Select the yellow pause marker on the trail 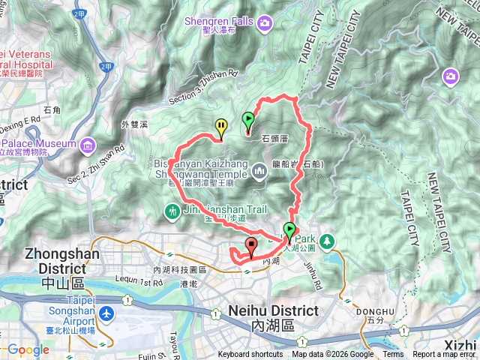(x=221, y=127)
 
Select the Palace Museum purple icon (x=88, y=143)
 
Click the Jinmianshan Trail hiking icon (x=173, y=212)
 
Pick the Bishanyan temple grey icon (x=260, y=172)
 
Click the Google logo (x=28, y=349)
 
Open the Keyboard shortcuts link (x=250, y=355)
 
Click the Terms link (x=393, y=355)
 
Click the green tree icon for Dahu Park (x=326, y=241)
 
